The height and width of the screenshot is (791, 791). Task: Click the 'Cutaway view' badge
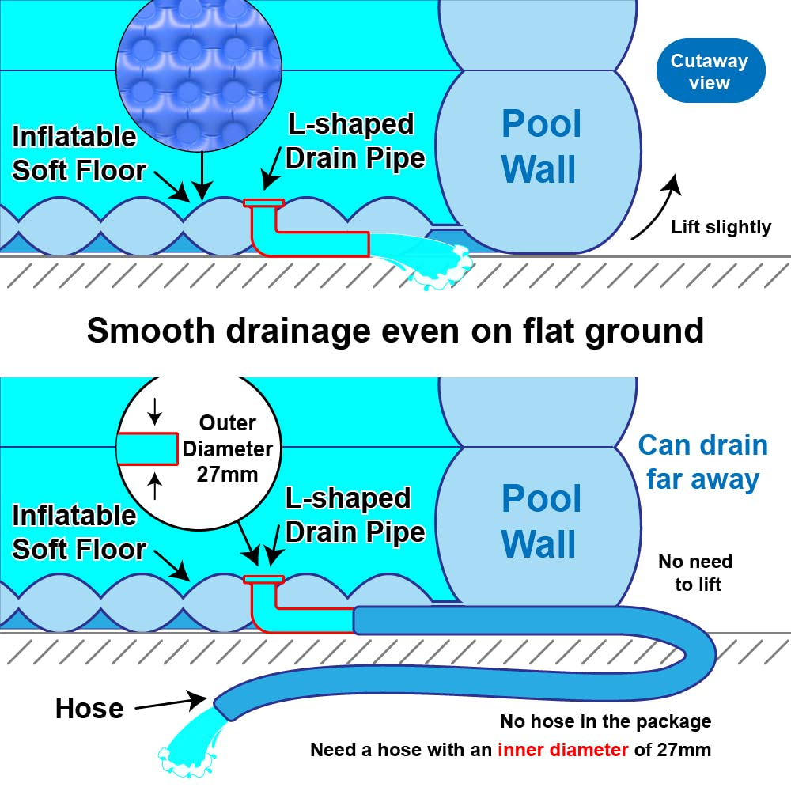pyautogui.click(x=710, y=71)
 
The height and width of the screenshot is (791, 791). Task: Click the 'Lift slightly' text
pyautogui.click(x=721, y=228)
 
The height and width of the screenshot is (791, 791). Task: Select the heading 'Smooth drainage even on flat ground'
pyautogui.click(x=395, y=330)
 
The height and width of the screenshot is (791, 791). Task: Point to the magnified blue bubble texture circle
pyautogui.click(x=202, y=70)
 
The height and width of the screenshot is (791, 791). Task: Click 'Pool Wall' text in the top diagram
pyautogui.click(x=541, y=146)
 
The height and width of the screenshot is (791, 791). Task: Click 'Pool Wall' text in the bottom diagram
pyautogui.click(x=541, y=521)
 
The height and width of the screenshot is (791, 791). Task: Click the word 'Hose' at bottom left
pyautogui.click(x=89, y=708)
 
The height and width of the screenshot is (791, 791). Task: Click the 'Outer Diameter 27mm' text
pyautogui.click(x=227, y=449)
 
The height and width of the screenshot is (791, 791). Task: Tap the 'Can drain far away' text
pyautogui.click(x=702, y=462)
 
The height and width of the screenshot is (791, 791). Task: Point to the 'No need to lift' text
pyautogui.click(x=695, y=573)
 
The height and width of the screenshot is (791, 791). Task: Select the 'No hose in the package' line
pyautogui.click(x=605, y=721)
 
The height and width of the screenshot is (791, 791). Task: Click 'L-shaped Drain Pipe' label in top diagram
pyautogui.click(x=354, y=141)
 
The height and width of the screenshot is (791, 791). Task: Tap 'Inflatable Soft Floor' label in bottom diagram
pyautogui.click(x=79, y=532)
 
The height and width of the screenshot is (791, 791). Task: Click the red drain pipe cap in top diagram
pyautogui.click(x=264, y=204)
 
